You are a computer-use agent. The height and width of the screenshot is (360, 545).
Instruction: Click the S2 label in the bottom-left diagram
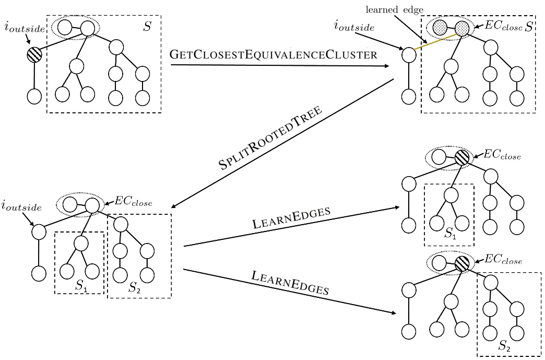click(x=135, y=287)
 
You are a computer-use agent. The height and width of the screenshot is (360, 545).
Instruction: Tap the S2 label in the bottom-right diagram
click(x=505, y=345)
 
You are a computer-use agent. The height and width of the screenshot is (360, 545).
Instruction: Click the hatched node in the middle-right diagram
click(x=462, y=157)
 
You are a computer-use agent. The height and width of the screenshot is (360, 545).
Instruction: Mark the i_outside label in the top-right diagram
click(x=354, y=27)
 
